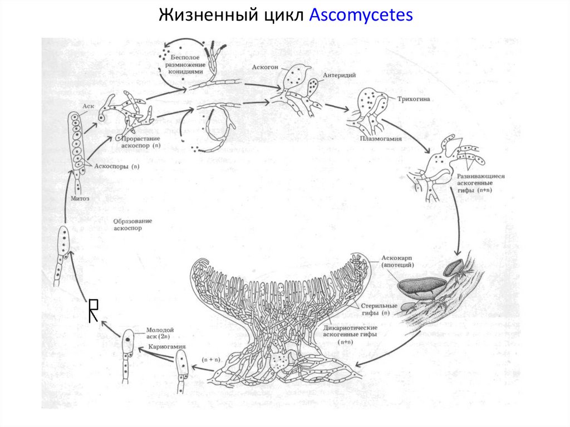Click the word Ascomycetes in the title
pyautogui.click(x=361, y=15)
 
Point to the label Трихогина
pyautogui.click(x=413, y=100)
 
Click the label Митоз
pyautogui.click(x=80, y=198)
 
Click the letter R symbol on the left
pyautogui.click(x=94, y=309)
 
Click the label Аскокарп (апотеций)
pyautogui.click(x=399, y=262)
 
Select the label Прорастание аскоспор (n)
pyautogui.click(x=138, y=141)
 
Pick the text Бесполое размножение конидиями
pyautogui.click(x=188, y=66)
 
